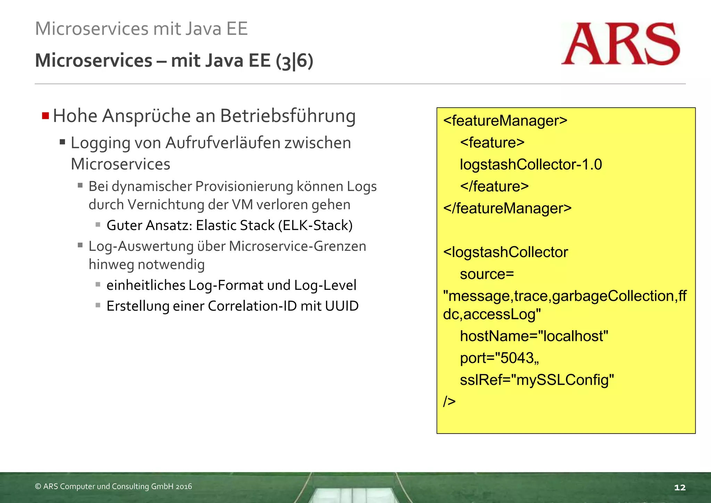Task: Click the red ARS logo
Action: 620,44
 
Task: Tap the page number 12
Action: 679,487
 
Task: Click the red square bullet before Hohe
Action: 45,116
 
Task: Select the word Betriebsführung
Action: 288,116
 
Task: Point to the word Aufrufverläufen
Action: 223,143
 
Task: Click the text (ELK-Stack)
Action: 315,225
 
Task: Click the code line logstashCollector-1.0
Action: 530,165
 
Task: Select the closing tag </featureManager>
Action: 507,208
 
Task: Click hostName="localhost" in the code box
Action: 534,336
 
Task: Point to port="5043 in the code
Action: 499,358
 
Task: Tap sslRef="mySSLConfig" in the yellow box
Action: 537,380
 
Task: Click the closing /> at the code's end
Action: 449,402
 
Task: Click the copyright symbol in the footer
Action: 38,487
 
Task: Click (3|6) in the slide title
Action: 294,61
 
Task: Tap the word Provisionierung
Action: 244,187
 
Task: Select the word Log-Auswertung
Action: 141,246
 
